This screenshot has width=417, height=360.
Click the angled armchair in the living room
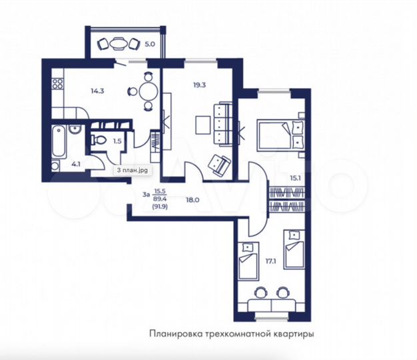pyautogui.click(x=219, y=163)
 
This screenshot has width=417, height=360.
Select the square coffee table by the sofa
pyautogui.click(x=203, y=125)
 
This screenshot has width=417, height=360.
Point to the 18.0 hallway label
pyautogui.click(x=192, y=199)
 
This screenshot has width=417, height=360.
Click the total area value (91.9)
pyautogui.click(x=160, y=206)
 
